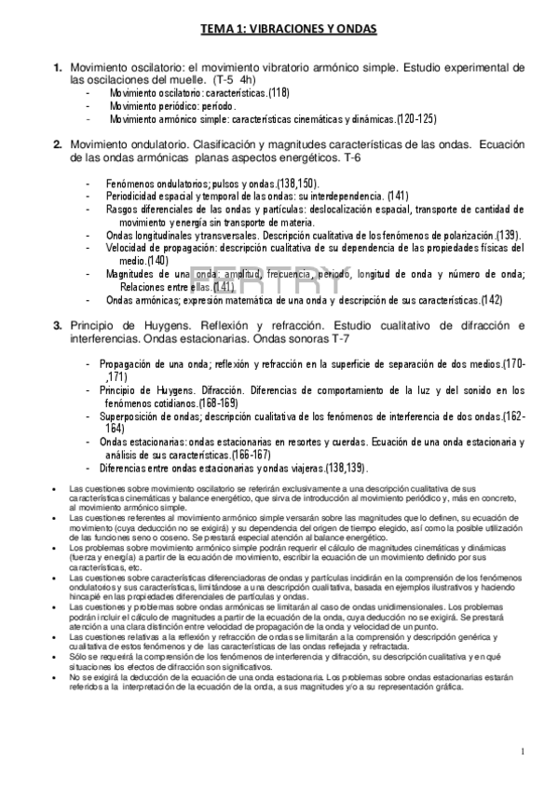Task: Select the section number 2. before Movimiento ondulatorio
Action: [x=58, y=143]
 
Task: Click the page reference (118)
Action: [x=279, y=93]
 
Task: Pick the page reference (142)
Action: [x=491, y=300]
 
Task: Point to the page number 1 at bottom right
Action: [x=524, y=751]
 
